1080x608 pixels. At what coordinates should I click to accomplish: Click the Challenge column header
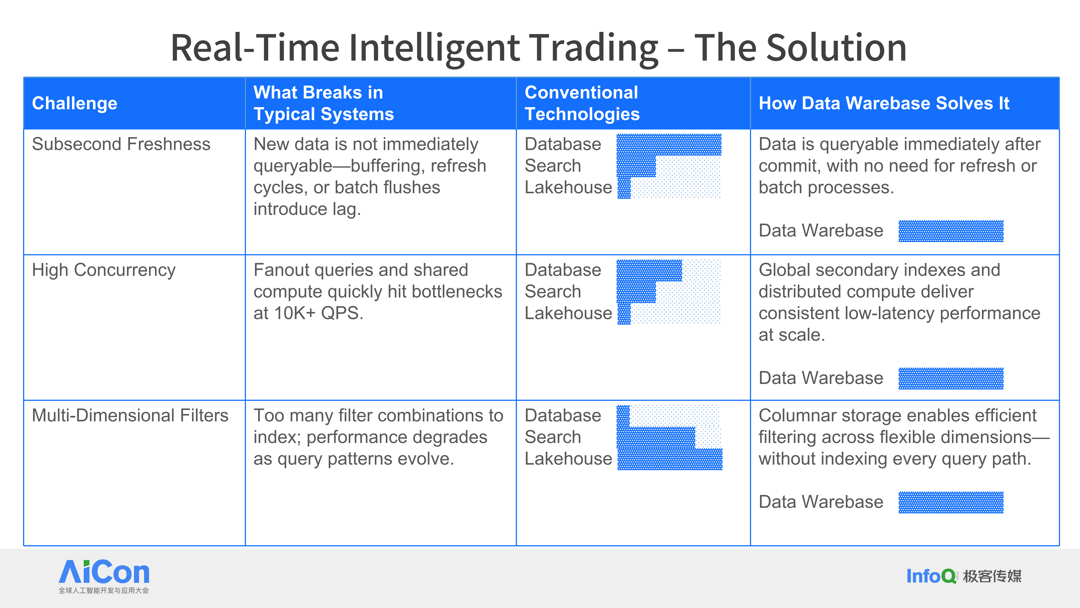[75, 103]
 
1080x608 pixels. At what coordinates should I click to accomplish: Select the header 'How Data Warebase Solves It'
[884, 103]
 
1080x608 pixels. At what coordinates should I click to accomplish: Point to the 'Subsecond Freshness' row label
[121, 144]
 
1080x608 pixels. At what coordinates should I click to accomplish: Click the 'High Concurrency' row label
[103, 270]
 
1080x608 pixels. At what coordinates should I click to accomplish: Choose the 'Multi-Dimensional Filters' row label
[130, 415]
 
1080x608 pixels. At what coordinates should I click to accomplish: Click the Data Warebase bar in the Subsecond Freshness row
[951, 231]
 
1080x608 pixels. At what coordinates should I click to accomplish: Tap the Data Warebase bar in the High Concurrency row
[951, 378]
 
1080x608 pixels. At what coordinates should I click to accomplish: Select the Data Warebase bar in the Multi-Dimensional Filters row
[951, 502]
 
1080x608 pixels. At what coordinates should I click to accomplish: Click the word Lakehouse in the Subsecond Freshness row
[568, 187]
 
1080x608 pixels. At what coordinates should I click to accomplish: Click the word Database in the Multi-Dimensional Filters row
[563, 415]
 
